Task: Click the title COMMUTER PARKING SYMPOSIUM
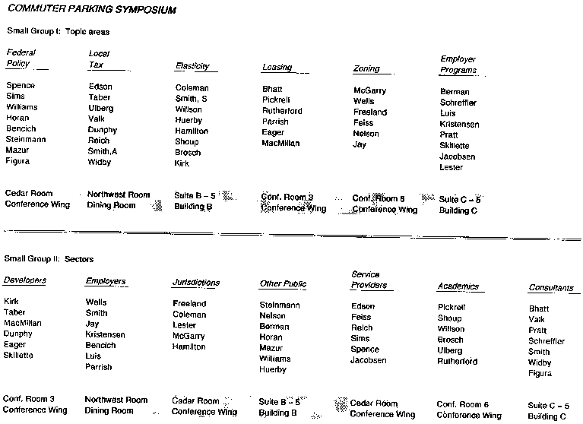90,11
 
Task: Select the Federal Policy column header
21,58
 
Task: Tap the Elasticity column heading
192,66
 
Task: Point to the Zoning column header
366,68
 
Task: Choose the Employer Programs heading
459,64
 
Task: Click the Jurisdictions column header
195,283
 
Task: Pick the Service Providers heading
369,280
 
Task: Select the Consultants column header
550,288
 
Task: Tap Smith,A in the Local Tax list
103,151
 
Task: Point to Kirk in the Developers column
11,301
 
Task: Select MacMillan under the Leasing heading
280,143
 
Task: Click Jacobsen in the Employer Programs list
457,157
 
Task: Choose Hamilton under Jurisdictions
189,346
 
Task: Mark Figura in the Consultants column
540,374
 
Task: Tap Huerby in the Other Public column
273,369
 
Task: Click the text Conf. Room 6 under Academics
462,404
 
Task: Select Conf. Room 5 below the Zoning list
379,198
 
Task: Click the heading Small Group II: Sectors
49,259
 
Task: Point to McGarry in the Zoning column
369,90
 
